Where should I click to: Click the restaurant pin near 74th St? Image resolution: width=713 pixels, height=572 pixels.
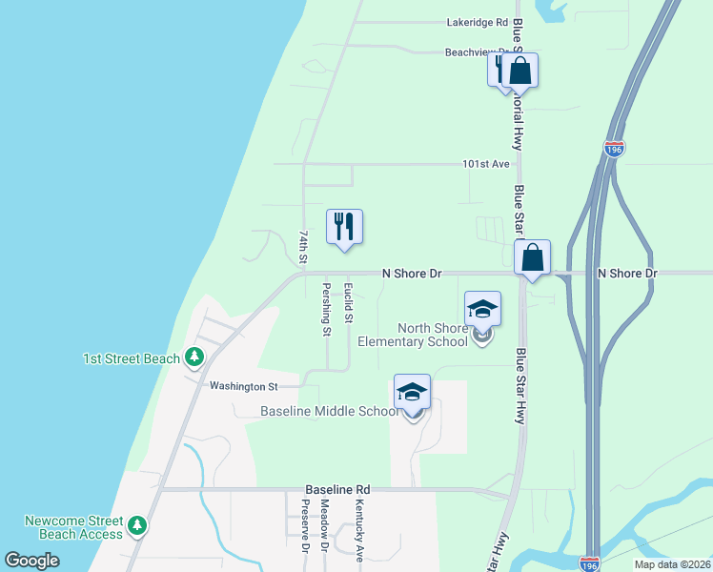click(x=345, y=227)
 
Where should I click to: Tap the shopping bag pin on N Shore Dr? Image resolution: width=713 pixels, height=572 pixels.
click(x=533, y=257)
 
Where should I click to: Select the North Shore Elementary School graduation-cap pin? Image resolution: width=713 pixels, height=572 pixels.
click(x=482, y=309)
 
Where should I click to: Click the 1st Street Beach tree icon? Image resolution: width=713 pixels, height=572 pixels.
click(x=194, y=357)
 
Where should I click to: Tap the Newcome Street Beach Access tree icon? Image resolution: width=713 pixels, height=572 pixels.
click(x=137, y=525)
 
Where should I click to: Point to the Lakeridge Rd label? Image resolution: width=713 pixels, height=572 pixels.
click(x=478, y=22)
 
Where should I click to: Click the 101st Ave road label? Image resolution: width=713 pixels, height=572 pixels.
click(x=486, y=164)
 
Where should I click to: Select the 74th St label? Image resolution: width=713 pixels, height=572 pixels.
click(x=302, y=246)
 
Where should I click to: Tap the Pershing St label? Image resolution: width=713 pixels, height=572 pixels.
click(x=325, y=309)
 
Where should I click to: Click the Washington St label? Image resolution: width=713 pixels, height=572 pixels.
click(x=243, y=386)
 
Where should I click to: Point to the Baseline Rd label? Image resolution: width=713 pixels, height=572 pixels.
click(x=337, y=488)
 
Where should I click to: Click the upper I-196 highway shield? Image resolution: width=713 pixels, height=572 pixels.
click(x=614, y=149)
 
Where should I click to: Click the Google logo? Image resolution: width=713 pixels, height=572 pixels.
click(x=32, y=560)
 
